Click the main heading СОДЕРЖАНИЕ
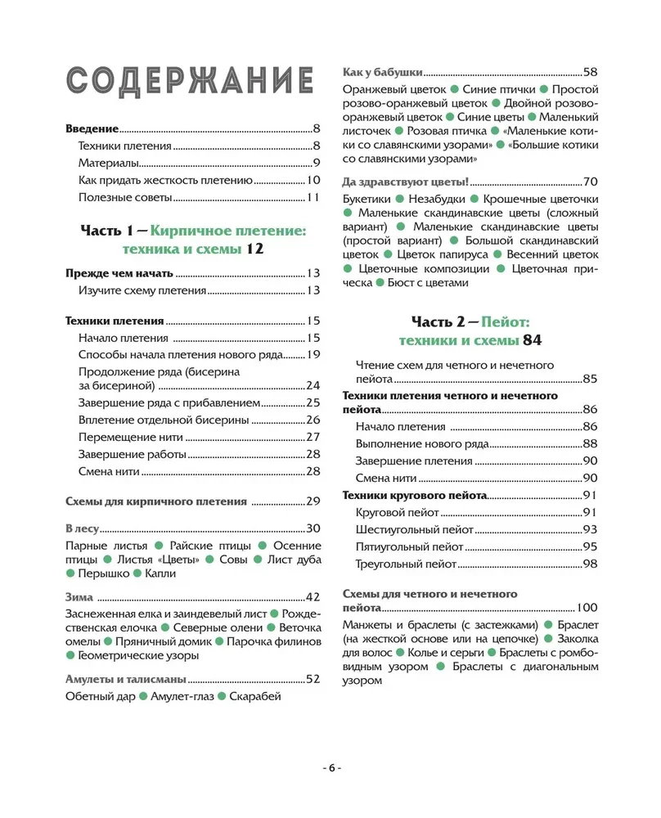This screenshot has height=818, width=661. coord(189,83)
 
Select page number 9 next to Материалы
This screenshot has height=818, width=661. coord(315,164)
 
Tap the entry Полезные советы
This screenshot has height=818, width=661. coord(125,198)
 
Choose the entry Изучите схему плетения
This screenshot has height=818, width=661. coord(145,290)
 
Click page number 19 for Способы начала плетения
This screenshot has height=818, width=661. coord(312,354)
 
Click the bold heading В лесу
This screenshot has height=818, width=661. coord(80,528)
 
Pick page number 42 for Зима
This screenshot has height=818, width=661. coord(312,596)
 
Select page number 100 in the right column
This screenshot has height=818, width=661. coord(587,608)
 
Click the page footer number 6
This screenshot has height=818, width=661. coord(330,767)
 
